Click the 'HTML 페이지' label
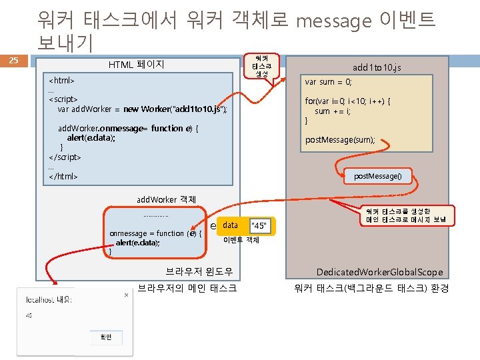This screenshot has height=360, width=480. tap(136, 65)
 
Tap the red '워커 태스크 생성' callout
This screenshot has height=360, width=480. tap(265, 65)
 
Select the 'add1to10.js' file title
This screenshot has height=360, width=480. tap(377, 67)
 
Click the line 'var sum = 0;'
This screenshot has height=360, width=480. tap(328, 82)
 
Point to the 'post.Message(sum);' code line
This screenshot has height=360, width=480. tap(340, 140)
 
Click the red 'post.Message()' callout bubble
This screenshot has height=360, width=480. tap(382, 176)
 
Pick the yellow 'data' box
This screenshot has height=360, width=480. tap(231, 225)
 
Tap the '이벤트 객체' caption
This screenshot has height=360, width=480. tap(241, 240)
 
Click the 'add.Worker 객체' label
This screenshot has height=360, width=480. tap(166, 199)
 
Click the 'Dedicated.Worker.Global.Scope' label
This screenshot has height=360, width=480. tap(379, 272)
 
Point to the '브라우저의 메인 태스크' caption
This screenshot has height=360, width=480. tap(187, 288)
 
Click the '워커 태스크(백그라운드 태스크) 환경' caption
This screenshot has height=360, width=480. tap(371, 288)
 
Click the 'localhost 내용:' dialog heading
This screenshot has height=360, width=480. tap(49, 299)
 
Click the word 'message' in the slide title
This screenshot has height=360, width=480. tap(333, 21)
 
